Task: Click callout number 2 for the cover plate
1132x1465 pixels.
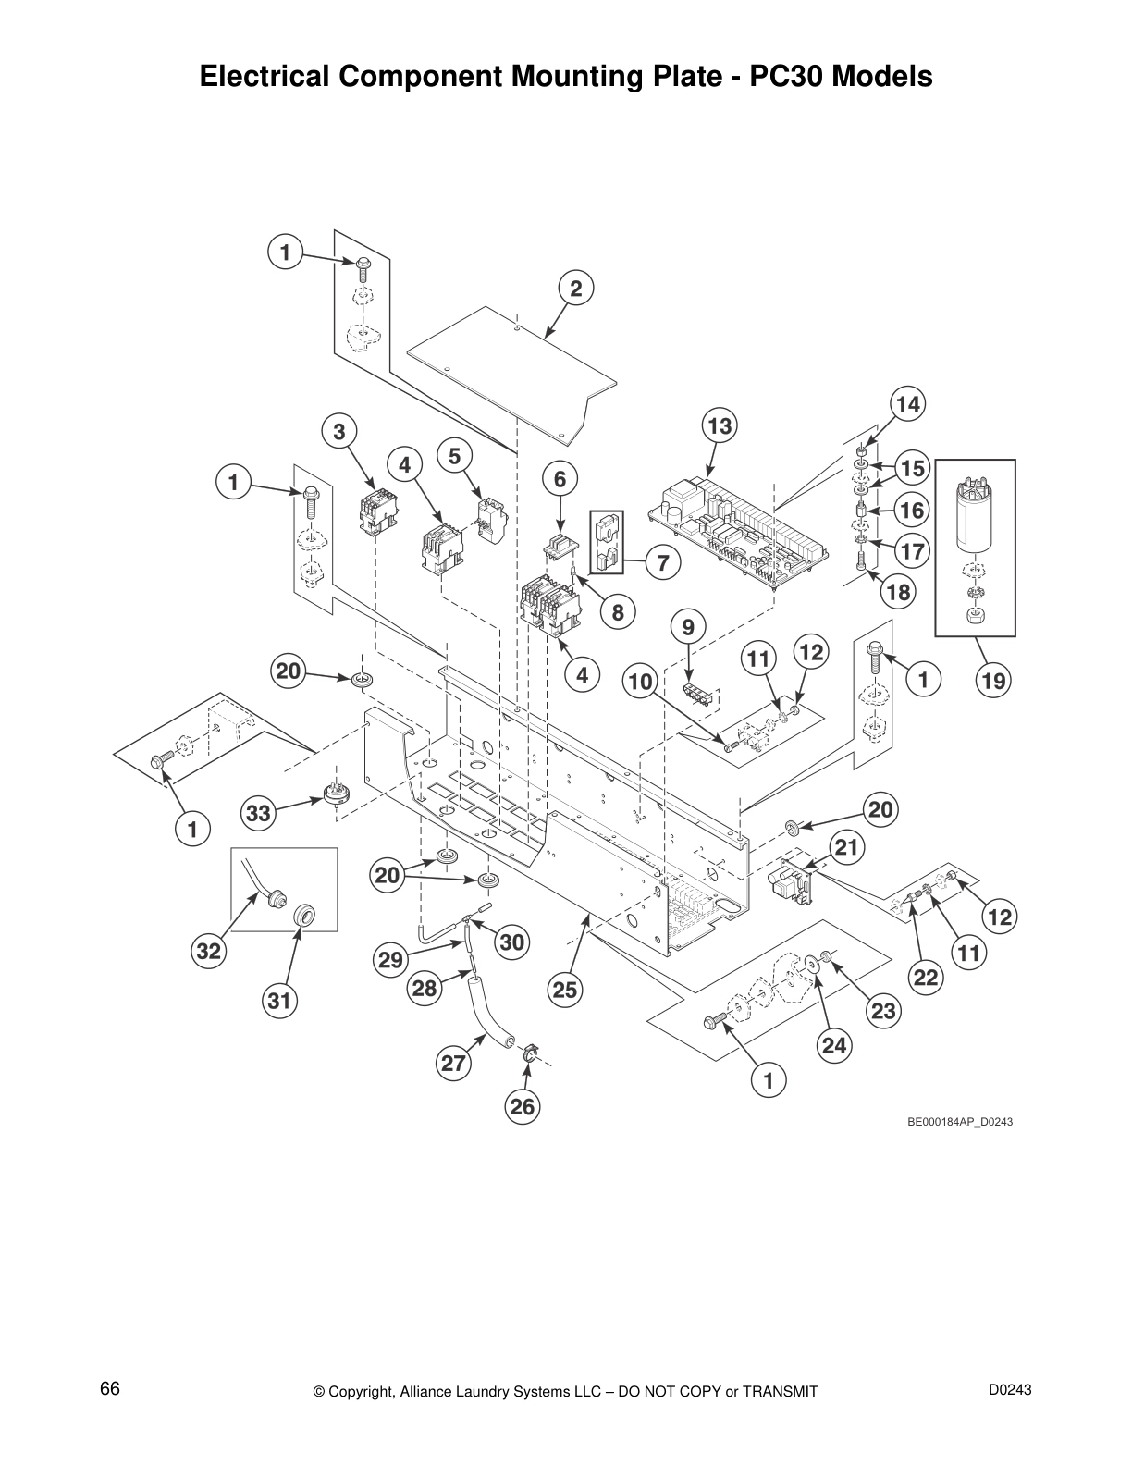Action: tap(575, 289)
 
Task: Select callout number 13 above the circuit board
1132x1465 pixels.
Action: tap(720, 426)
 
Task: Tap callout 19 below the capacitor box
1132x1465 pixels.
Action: tap(993, 682)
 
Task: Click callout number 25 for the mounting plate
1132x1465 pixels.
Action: tap(565, 991)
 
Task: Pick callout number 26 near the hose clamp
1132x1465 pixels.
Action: tap(523, 1107)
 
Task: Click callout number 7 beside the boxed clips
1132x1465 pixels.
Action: tap(662, 561)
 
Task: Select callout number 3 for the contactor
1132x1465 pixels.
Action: tap(339, 431)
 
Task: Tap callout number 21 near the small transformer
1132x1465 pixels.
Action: tap(845, 846)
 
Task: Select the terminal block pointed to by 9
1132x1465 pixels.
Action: tap(699, 695)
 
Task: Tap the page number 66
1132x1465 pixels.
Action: tap(110, 1389)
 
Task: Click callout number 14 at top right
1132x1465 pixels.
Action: tap(908, 404)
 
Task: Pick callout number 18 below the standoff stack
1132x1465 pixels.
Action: tap(897, 591)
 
